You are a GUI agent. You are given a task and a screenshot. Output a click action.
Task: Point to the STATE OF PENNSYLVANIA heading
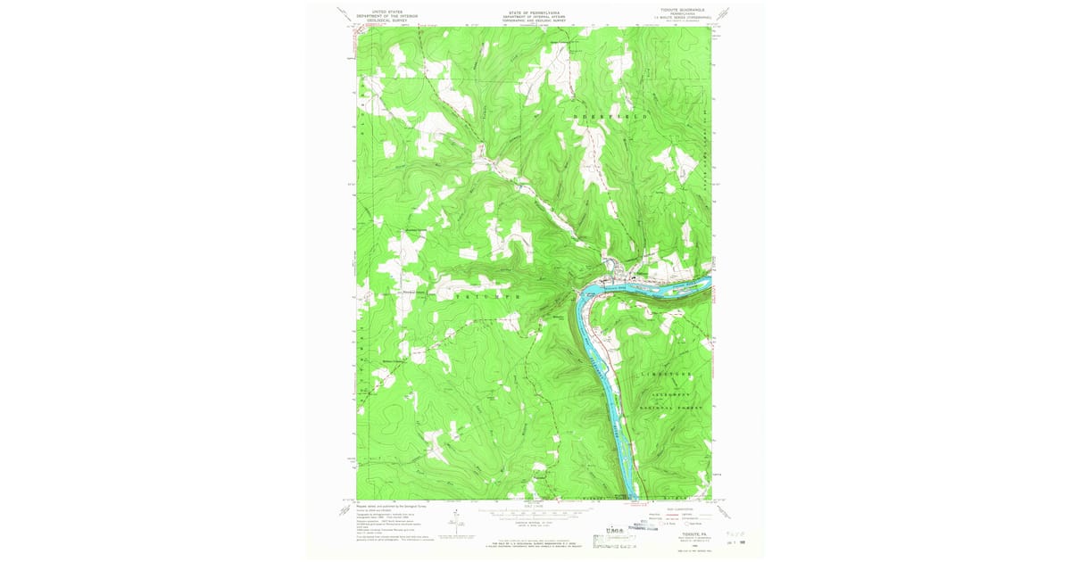[533, 12]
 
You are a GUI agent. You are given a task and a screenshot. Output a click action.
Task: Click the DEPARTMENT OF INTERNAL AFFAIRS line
[533, 15]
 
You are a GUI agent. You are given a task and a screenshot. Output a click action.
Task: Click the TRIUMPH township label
[487, 293]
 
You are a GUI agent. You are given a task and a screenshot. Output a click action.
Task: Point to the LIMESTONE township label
[667, 373]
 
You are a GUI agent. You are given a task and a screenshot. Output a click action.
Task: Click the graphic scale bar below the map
[533, 514]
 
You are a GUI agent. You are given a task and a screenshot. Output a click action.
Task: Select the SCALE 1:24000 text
[533, 508]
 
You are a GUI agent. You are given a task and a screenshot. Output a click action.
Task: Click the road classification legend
[687, 514]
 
